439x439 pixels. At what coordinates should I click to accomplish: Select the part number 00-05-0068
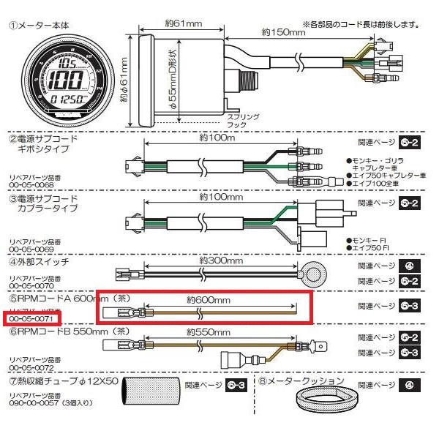pyautogui.click(x=30, y=185)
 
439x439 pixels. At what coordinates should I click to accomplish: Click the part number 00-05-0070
pyautogui.click(x=30, y=287)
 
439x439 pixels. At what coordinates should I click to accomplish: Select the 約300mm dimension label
pyautogui.click(x=208, y=260)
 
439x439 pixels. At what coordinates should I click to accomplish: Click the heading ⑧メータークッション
pyautogui.click(x=299, y=380)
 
